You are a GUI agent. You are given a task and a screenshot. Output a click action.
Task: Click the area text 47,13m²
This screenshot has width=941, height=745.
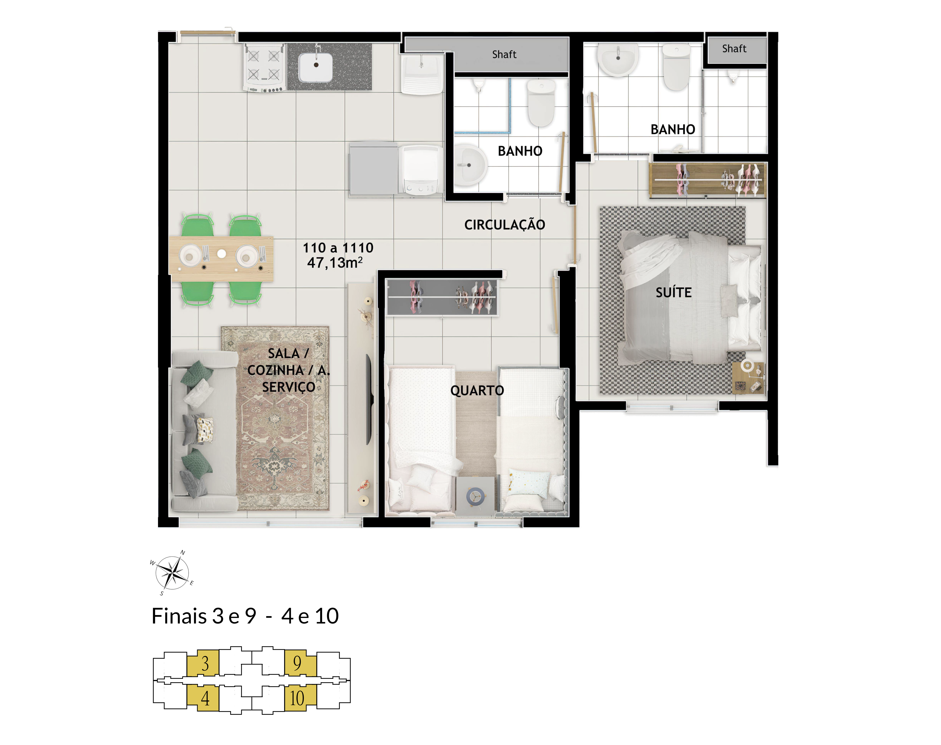point(335,263)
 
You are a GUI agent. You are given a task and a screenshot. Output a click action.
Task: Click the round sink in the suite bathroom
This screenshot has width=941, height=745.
point(618,60)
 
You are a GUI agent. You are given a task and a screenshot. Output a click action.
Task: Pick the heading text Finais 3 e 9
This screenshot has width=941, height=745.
point(204,616)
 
